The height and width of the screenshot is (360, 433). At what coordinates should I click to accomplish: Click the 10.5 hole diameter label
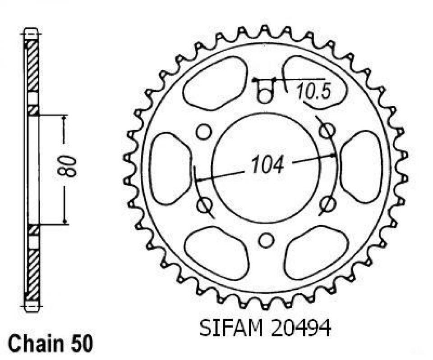314,92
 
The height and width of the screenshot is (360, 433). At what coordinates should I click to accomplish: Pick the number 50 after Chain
82,345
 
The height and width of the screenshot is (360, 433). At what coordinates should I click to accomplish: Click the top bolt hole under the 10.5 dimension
265,95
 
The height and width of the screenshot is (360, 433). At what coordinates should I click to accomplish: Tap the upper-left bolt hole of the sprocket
204,131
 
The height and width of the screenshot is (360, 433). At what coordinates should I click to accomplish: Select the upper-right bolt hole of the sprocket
327,131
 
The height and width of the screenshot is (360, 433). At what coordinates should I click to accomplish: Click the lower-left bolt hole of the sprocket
205,205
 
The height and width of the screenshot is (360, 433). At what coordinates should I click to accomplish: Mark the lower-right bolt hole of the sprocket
327,205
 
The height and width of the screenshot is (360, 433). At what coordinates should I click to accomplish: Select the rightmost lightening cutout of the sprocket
361,167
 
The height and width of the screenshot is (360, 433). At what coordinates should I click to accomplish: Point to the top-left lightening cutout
216,83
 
